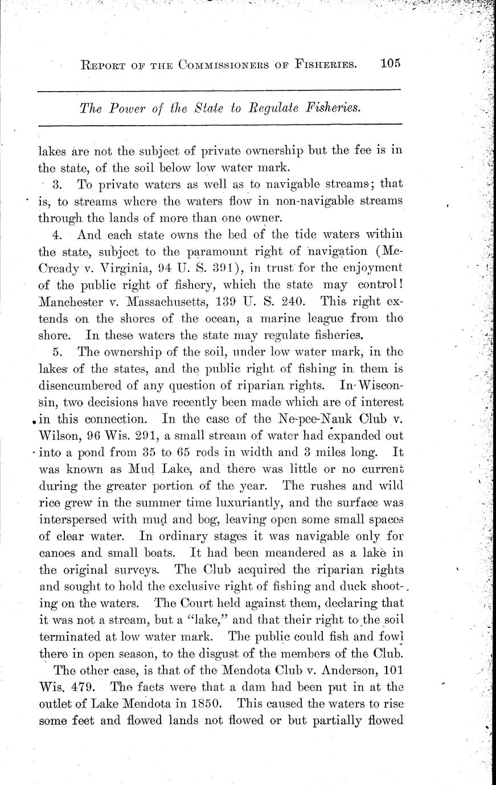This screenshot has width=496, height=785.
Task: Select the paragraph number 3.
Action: (x=56, y=184)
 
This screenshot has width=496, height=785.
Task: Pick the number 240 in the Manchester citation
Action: (x=297, y=300)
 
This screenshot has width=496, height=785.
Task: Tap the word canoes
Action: (x=59, y=552)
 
